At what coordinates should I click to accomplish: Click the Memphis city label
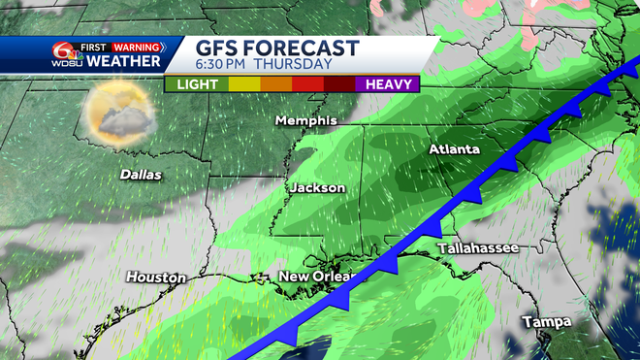(305, 121)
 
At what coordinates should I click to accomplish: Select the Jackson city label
(316, 187)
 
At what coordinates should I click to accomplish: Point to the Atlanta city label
(455, 150)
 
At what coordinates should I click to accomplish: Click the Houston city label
(155, 278)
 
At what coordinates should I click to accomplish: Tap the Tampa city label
(547, 321)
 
